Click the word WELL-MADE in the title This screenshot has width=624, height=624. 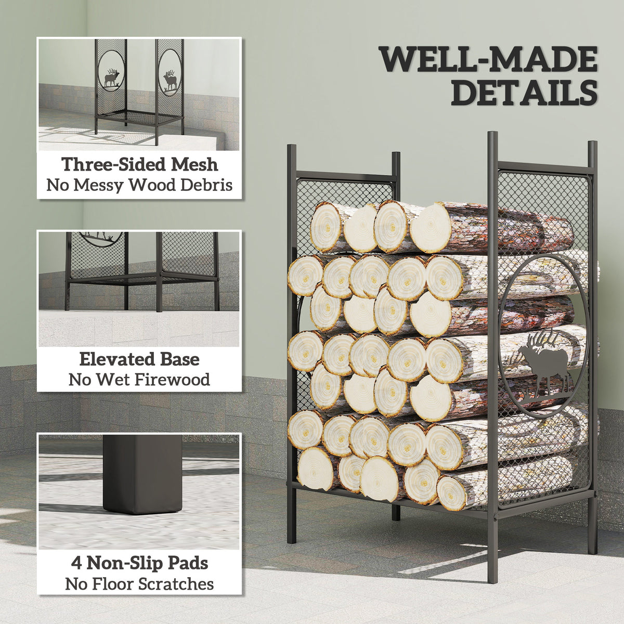pyautogui.click(x=489, y=60)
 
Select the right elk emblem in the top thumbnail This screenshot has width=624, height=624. pyautogui.click(x=171, y=81)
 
